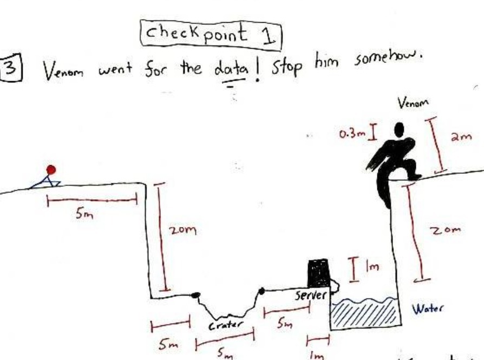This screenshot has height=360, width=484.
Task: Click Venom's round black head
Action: (x=400, y=130)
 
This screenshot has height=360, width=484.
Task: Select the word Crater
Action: (x=223, y=326)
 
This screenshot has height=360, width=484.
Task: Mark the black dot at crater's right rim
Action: (x=262, y=291)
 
